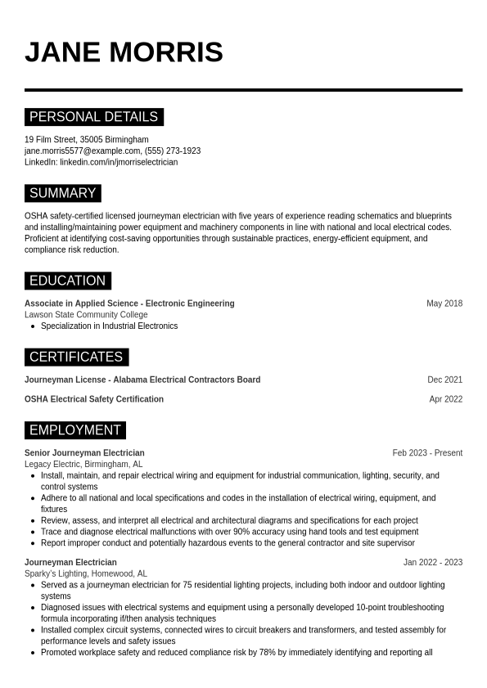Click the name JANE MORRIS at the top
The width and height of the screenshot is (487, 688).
pos(124,52)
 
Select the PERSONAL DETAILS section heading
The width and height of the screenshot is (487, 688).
pos(93,117)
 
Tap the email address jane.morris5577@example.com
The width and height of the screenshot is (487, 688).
pos(82,151)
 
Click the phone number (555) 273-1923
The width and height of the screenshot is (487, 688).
pos(173,151)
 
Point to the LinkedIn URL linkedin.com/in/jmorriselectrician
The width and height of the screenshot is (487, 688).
pos(119,162)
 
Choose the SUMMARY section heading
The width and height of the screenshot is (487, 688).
pos(62,193)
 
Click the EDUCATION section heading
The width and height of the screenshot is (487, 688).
pos(67,281)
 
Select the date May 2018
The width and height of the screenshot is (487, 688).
pos(444,304)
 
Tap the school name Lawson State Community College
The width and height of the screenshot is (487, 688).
pos(86,315)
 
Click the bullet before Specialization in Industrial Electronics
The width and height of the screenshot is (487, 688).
pos(33,326)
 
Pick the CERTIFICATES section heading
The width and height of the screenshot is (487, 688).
pos(76,357)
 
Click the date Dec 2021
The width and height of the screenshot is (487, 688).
pos(444,380)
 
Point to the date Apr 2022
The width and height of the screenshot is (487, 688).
pos(446,399)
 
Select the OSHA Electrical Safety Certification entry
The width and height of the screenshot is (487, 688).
pos(94,399)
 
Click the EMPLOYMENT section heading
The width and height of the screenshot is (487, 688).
pos(74,429)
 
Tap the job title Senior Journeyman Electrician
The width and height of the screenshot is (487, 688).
pos(84,452)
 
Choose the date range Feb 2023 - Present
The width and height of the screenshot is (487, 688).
pos(427,452)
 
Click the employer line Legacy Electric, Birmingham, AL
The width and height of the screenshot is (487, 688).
pos(83,464)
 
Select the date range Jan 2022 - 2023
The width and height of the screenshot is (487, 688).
pos(433,562)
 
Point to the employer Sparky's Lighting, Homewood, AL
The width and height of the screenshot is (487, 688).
pos(86,573)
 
